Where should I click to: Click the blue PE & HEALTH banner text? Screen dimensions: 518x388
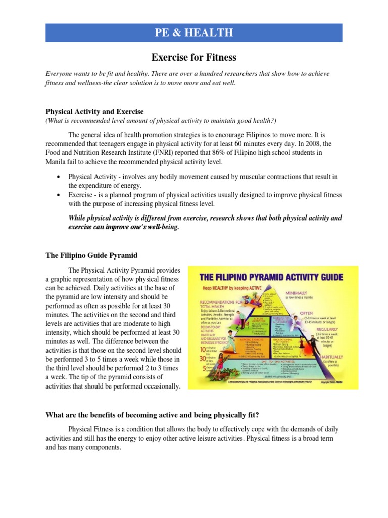(x=194, y=33)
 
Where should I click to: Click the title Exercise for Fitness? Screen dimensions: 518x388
(x=194, y=58)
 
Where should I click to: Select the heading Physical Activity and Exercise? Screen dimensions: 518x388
(x=95, y=111)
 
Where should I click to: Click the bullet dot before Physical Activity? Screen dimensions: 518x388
(x=60, y=177)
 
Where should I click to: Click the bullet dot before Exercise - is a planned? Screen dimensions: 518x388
(x=60, y=195)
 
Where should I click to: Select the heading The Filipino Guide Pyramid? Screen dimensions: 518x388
(x=91, y=255)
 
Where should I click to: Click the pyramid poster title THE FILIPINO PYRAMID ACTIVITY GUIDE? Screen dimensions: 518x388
(x=272, y=278)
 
